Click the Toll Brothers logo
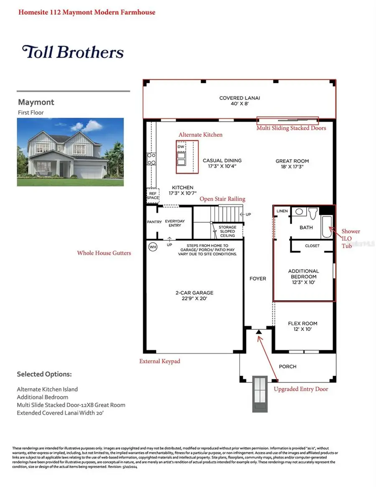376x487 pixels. click(x=73, y=52)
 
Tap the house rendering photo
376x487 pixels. click(x=70, y=152)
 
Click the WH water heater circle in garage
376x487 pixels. click(x=153, y=247)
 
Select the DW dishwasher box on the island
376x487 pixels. click(x=181, y=147)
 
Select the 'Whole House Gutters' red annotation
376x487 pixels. click(x=104, y=253)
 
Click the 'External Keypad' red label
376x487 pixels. click(x=160, y=361)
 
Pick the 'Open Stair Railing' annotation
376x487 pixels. click(x=222, y=199)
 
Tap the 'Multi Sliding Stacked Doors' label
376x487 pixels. click(x=291, y=128)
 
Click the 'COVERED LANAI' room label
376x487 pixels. click(x=240, y=98)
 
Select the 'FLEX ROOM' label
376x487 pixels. click(x=302, y=324)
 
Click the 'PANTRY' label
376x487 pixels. click(x=154, y=222)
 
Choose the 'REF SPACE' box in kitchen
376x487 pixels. click(x=152, y=195)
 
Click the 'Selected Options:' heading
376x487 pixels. click(x=44, y=374)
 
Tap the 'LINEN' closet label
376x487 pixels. click(x=282, y=211)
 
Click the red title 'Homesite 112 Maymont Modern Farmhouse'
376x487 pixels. click(x=86, y=12)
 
